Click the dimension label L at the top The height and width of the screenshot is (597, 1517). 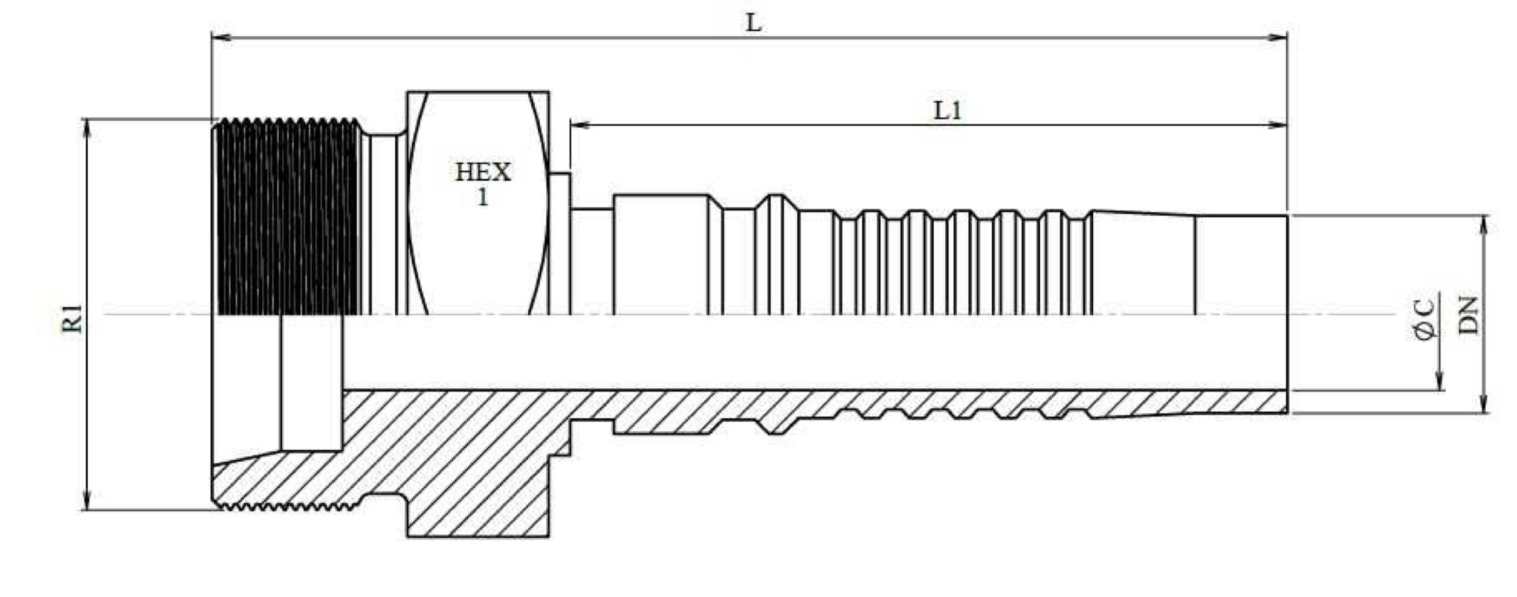tap(753, 24)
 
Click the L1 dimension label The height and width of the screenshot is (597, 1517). tap(947, 111)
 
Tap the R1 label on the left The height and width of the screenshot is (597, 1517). tap(73, 319)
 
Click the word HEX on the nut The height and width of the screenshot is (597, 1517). tap(482, 173)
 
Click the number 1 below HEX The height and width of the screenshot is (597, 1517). tap(482, 197)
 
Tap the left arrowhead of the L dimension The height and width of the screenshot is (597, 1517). tap(221, 37)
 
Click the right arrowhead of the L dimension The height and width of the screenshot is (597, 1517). tap(1278, 37)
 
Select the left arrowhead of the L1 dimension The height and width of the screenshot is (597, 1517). tap(580, 125)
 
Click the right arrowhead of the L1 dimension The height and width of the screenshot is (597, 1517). tap(1278, 125)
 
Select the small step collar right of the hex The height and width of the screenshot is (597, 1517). tap(560, 242)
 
